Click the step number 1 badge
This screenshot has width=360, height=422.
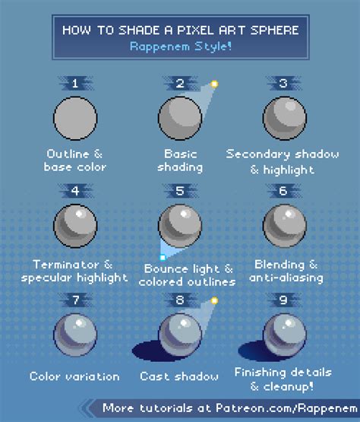75,84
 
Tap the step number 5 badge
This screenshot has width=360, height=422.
180,191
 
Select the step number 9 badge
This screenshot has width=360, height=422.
283,300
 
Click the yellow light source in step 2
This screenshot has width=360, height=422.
214,84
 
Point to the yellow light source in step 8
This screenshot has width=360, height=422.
214,300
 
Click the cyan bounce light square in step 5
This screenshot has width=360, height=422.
163,258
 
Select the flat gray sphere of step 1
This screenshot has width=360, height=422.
75,118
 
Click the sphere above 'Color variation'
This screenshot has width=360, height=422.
75,335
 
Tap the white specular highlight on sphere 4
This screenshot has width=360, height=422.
79,214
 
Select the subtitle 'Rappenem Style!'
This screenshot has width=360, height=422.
181,46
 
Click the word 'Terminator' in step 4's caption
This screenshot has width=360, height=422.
66,265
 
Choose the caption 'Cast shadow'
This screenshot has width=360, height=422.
179,376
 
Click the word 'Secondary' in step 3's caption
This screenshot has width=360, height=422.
257,154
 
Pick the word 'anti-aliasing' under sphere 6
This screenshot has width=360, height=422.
286,278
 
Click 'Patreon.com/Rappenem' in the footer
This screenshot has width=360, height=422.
286,408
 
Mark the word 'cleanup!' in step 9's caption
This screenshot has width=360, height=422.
288,387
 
